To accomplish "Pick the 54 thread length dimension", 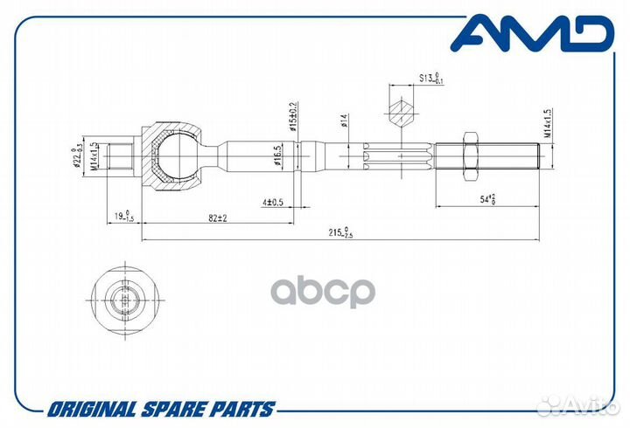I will click(485, 199).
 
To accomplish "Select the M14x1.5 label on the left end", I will click(94, 156).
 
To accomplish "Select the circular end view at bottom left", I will click(126, 301).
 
